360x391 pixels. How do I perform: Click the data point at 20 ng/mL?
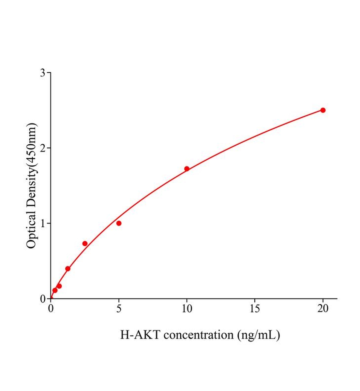coord(323,110)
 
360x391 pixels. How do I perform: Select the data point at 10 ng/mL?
coord(187,169)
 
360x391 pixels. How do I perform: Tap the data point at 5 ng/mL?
coord(119,223)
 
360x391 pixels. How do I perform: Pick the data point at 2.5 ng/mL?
coord(85,243)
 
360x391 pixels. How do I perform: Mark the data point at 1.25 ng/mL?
coord(68,268)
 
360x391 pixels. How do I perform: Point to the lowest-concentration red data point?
coord(55,290)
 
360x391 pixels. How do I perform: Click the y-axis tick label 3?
coord(43,73)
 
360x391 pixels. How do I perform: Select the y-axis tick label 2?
coord(43,148)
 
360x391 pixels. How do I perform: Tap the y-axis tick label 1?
coord(43,224)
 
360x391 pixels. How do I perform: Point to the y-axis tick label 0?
coord(43,299)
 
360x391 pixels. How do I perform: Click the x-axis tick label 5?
coord(119,309)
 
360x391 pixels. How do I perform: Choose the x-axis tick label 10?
coord(187,309)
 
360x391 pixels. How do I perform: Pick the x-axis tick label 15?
coord(255,309)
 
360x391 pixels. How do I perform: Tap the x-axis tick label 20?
coord(323,309)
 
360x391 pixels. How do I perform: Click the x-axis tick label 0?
coord(51,309)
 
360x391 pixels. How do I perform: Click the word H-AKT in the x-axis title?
coord(140,335)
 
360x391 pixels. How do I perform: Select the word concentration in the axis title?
coord(199,335)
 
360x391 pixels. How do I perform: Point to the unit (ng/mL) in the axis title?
coord(259,335)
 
